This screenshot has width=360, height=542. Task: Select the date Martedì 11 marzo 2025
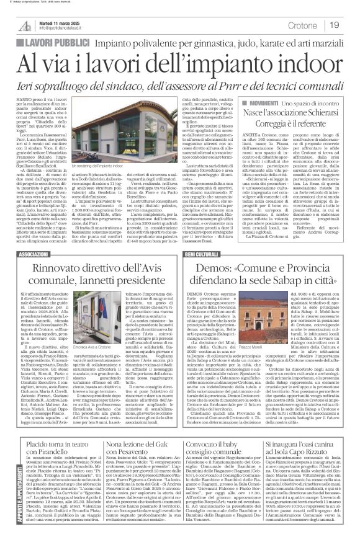[x=55, y=21]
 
